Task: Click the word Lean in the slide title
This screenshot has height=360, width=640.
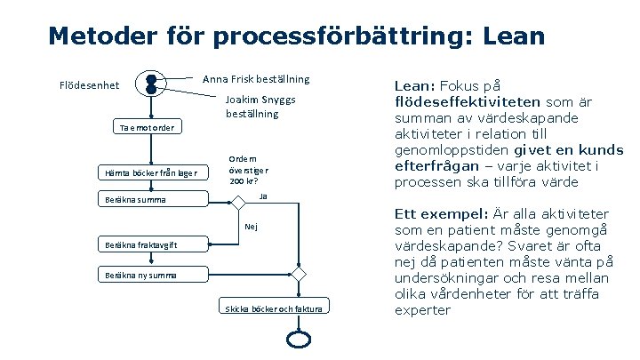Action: (x=512, y=36)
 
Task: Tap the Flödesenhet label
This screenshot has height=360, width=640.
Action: (x=89, y=85)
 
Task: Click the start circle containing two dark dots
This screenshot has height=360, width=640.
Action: (x=151, y=84)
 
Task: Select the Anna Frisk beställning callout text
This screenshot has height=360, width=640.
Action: (x=256, y=79)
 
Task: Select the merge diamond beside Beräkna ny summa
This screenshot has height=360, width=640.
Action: (x=300, y=275)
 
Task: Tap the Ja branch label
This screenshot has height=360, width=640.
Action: (x=262, y=195)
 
